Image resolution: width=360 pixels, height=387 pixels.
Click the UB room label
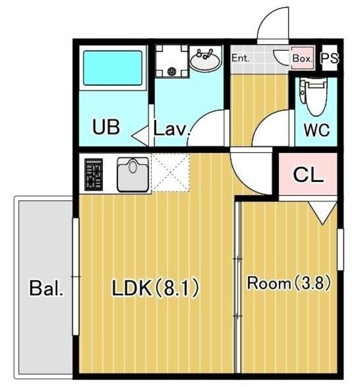106,127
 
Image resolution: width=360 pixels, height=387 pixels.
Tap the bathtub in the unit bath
113,68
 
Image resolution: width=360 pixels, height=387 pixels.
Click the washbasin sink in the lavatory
205,60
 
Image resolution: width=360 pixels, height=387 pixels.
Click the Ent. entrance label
240,58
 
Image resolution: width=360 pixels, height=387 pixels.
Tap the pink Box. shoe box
303,58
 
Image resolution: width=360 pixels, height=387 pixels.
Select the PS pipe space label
330,59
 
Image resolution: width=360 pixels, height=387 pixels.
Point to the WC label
317,130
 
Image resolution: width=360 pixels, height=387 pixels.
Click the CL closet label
309,175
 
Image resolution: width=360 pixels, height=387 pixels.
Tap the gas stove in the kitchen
94,175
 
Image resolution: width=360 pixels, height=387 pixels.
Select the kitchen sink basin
133,175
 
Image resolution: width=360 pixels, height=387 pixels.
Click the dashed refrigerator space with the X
171,172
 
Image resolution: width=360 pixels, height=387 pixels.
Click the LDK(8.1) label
155,288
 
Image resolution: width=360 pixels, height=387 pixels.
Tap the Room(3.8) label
289,283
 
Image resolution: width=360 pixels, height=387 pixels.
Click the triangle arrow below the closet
322,213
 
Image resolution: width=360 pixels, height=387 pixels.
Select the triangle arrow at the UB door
140,135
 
